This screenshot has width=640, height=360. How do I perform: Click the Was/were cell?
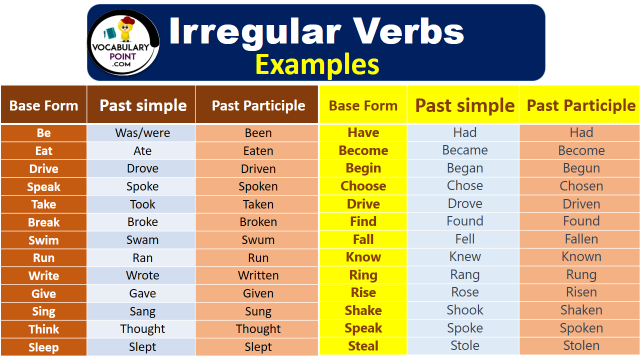pos(142,133)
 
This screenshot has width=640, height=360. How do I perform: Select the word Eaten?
pos(258,151)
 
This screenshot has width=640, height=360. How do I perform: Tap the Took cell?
pos(142,204)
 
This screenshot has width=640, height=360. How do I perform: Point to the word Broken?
pos(258,222)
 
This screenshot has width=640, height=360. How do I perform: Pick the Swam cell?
pos(142,240)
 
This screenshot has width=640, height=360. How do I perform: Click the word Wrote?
pos(142,275)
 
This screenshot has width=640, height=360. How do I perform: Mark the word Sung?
pos(258,311)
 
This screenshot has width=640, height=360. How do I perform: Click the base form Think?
pos(43,329)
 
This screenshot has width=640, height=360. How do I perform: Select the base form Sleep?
pos(43,347)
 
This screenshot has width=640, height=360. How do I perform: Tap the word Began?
pos(465,168)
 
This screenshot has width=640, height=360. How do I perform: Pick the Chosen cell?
pos(579,186)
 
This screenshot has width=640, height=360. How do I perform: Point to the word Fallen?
pos(581,239)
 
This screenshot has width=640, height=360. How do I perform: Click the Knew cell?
pos(463,257)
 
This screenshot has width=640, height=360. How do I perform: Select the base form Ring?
pos(363,275)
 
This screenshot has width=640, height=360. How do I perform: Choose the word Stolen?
pos(581,345)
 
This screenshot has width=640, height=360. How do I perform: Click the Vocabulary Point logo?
pos(123,42)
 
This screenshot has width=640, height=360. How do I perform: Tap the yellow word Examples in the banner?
pos(317,64)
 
